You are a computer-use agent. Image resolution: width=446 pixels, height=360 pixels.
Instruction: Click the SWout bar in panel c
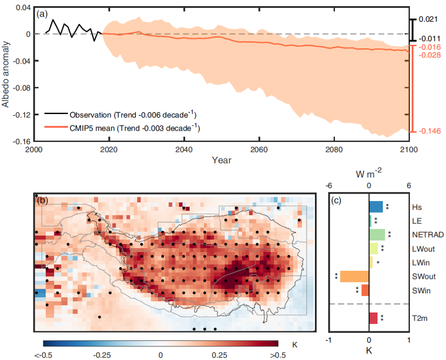(355, 276)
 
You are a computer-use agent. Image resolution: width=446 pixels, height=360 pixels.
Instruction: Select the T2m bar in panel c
(373, 318)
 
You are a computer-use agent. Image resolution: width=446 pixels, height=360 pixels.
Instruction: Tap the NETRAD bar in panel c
(377, 235)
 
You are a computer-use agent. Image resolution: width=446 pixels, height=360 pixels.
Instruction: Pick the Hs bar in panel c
(376, 207)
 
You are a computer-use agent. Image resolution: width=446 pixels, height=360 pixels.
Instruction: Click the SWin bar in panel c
(365, 290)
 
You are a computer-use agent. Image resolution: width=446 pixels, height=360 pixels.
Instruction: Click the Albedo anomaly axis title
(6, 74)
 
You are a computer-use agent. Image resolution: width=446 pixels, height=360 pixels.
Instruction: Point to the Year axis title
(222, 160)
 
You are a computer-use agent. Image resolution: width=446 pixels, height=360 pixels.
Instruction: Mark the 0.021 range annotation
(427, 20)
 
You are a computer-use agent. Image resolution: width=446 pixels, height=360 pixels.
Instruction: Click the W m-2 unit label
(368, 175)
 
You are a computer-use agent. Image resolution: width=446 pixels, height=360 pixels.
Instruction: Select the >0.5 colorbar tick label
(277, 354)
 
